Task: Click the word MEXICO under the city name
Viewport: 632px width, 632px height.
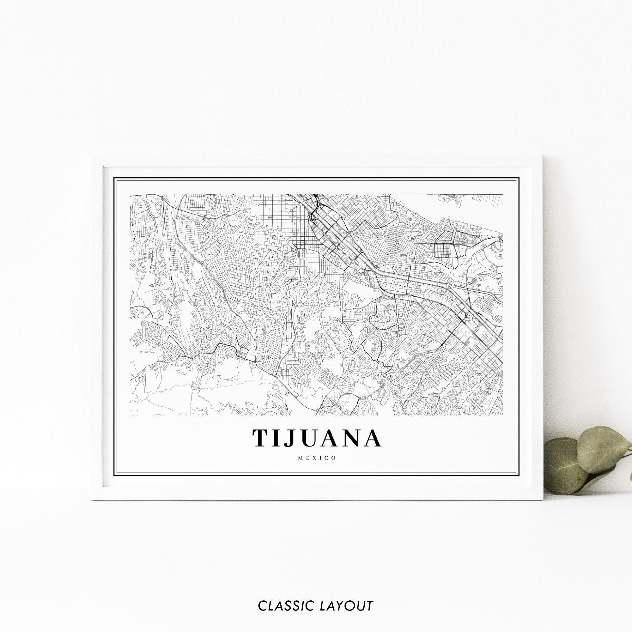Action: coord(316,458)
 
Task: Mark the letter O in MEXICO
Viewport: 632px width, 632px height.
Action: coord(334,458)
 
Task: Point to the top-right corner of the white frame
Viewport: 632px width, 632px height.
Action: coord(543,156)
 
